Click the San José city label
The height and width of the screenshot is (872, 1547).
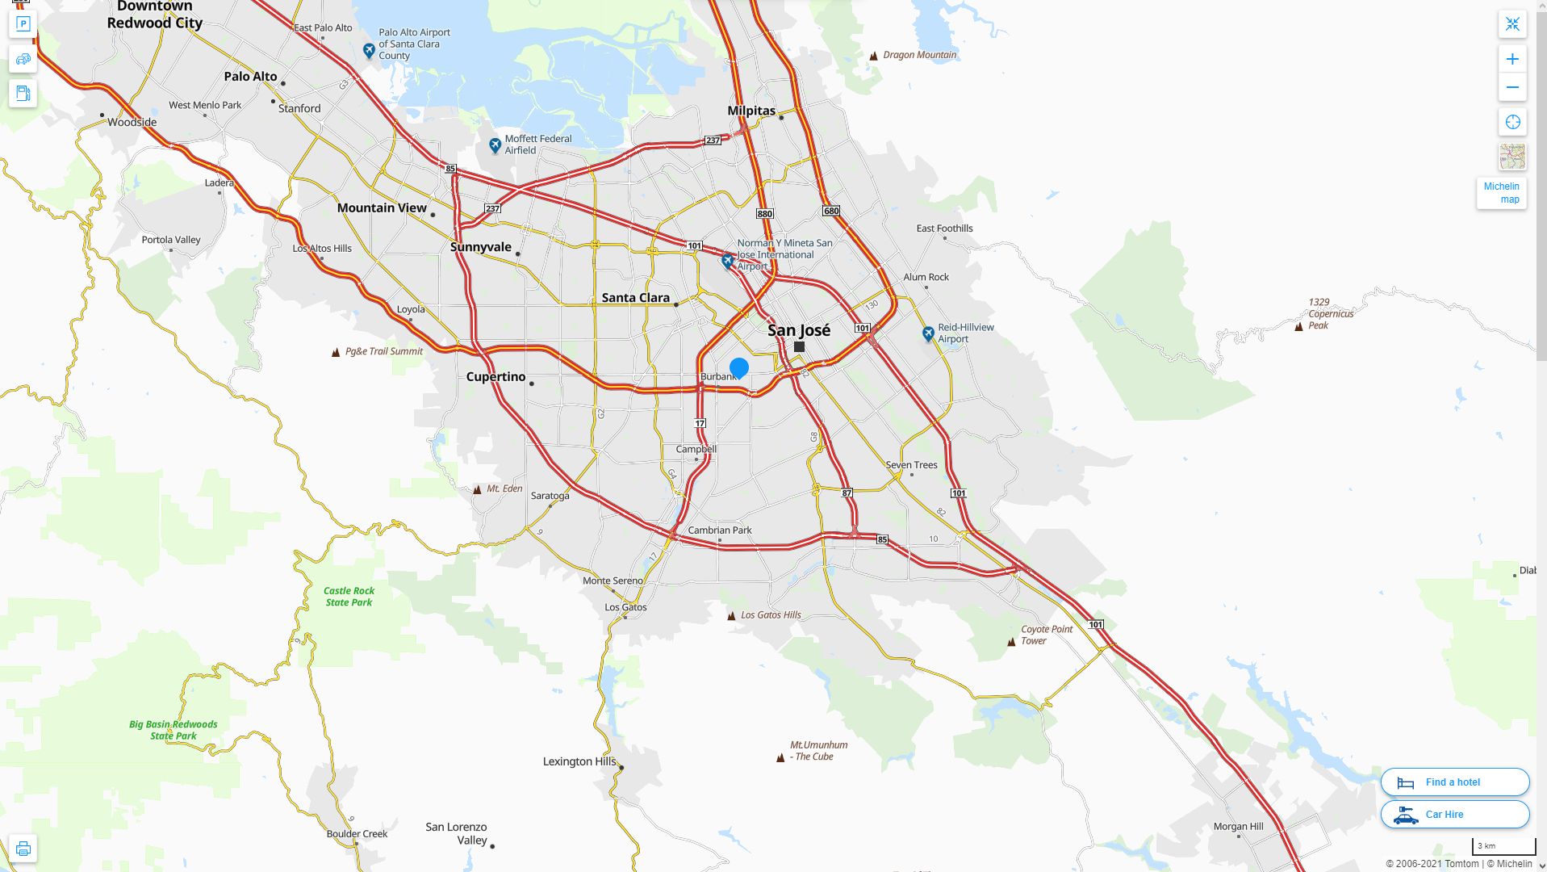798,330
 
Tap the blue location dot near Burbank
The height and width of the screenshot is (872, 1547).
738,368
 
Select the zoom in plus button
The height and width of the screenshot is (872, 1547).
1512,59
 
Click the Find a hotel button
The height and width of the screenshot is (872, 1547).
1454,782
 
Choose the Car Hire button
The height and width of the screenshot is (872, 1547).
1454,814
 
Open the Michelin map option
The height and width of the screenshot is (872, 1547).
1501,193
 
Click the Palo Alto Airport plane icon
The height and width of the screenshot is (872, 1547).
369,51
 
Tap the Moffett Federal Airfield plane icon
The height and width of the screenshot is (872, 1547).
495,145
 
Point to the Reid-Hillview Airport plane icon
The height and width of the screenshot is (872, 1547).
928,333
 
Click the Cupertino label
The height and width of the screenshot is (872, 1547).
495,377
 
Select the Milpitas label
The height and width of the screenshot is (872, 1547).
751,111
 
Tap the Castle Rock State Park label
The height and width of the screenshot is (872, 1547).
349,597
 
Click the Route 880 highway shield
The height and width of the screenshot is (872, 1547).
764,214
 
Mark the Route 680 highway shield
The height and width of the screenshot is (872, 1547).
831,211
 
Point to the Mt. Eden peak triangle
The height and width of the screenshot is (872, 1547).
477,489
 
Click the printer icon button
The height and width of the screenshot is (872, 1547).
23,849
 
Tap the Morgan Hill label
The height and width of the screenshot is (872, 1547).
1238,827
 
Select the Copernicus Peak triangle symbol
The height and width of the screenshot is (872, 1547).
1298,327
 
